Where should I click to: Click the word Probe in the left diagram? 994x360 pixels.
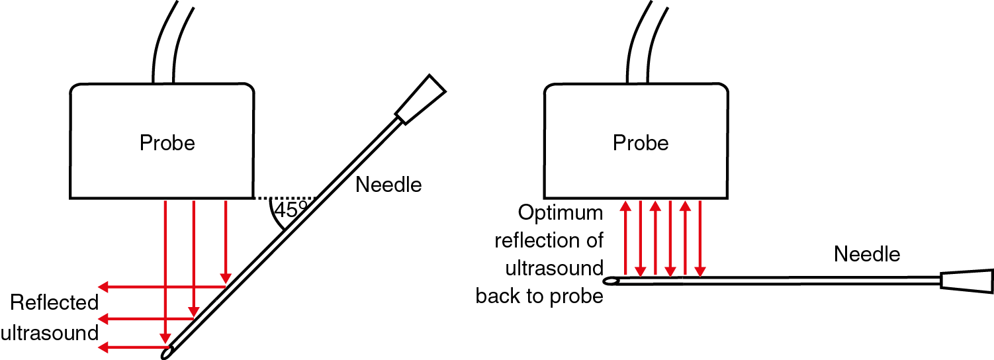pyautogui.click(x=167, y=143)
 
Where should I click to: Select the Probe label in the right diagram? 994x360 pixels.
pyautogui.click(x=641, y=143)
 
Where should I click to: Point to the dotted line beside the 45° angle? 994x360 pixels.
pyautogui.click(x=285, y=198)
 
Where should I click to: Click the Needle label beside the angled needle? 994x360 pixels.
pyautogui.click(x=388, y=185)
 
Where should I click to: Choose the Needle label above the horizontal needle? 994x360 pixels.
pyautogui.click(x=867, y=253)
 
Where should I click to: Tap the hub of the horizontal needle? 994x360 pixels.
pyautogui.click(x=967, y=281)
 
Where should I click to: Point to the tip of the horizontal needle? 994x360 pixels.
pyautogui.click(x=612, y=281)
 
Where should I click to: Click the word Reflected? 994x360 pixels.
pyautogui.click(x=54, y=302)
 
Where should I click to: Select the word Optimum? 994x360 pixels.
pyautogui.click(x=561, y=213)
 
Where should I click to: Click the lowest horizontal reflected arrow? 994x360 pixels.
pyautogui.click(x=132, y=346)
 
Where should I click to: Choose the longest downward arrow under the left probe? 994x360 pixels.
pyautogui.click(x=165, y=271)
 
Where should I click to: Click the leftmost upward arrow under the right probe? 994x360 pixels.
pyautogui.click(x=624, y=238)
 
